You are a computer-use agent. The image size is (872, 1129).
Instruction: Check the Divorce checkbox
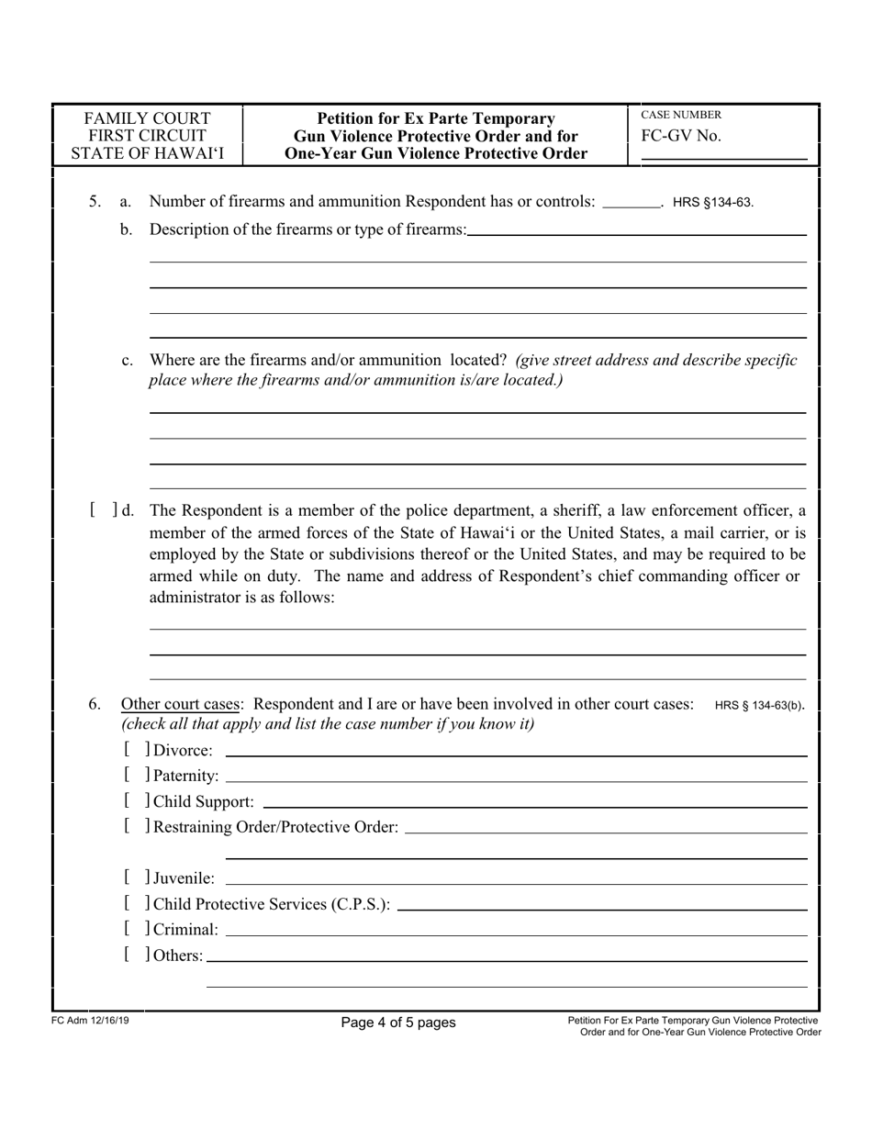(136, 750)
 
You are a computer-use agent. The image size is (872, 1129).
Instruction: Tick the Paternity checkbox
(136, 776)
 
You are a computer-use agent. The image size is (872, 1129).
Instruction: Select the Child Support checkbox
(136, 801)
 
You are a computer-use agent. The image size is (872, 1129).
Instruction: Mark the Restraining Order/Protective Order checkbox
(136, 827)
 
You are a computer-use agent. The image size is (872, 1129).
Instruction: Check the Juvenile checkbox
(136, 878)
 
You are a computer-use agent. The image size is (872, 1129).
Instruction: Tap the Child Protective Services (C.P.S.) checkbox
(136, 904)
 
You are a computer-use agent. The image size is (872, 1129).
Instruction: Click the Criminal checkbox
(136, 930)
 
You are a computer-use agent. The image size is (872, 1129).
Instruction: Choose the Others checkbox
(136, 956)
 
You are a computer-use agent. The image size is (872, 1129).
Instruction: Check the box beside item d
(106, 509)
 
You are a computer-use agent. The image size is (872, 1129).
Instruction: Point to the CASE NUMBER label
(680, 115)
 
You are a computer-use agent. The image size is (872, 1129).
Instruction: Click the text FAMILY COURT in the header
(147, 118)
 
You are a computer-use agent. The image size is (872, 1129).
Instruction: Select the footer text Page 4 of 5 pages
(397, 1022)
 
